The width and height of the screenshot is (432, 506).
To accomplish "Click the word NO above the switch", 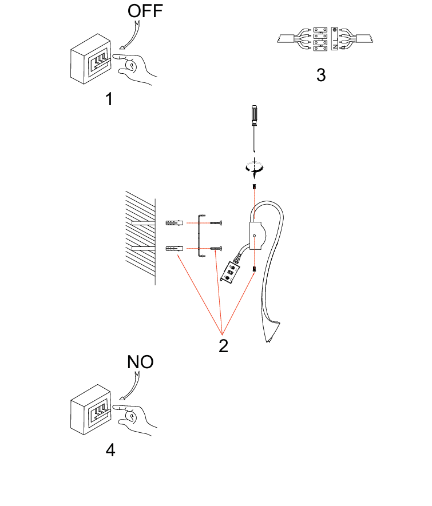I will tap(140, 362).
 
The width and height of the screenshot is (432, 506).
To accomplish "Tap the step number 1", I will tap(109, 99).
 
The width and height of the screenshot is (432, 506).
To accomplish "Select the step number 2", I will tap(223, 345).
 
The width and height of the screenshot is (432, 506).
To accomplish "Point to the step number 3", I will tap(321, 75).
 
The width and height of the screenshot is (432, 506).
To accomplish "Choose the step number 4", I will tap(110, 450).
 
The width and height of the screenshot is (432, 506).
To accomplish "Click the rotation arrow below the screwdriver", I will tap(253, 167).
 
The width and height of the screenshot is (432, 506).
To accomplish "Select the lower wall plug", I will tap(175, 249).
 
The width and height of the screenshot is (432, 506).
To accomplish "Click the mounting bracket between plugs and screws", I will tap(199, 235).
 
